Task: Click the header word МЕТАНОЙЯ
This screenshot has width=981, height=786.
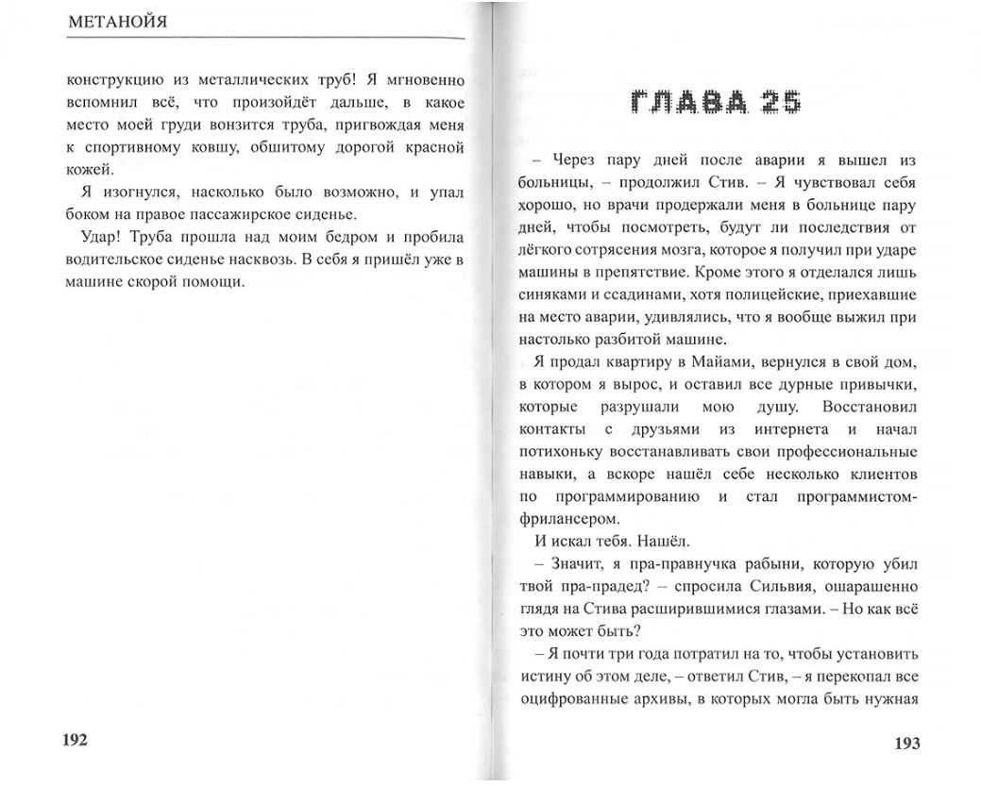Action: [118, 22]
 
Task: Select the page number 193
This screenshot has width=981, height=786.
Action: [906, 743]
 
